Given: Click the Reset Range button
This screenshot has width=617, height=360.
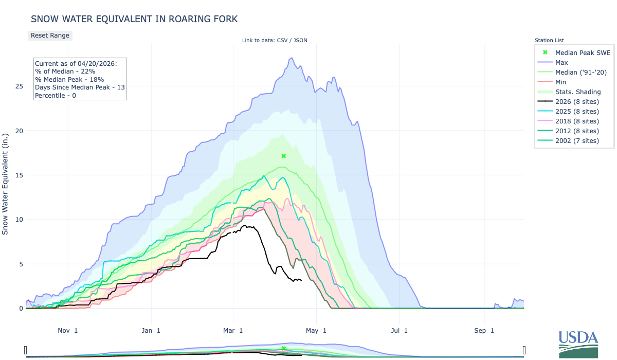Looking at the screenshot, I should click(50, 35).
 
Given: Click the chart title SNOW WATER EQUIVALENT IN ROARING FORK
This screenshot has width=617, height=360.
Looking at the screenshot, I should click(134, 19).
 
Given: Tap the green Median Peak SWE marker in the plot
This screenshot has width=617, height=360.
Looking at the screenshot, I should click(283, 156).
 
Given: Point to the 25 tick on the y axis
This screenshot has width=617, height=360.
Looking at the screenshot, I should click(19, 86).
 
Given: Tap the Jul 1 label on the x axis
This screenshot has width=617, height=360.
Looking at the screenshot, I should click(398, 330).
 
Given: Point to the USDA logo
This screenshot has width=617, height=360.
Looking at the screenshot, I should click(578, 344).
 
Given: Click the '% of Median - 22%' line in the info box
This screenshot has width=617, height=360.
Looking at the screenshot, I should click(65, 71).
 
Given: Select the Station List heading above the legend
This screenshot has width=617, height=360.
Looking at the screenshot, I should click(549, 40).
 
